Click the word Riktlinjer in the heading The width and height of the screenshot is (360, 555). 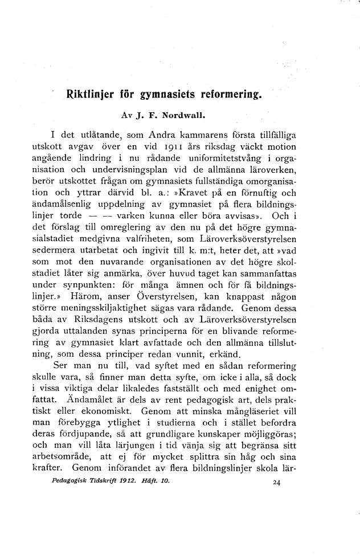pos(93,92)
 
